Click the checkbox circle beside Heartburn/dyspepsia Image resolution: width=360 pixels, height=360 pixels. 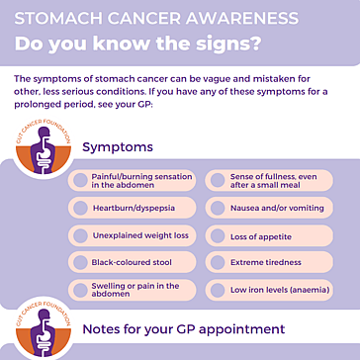point(80,208)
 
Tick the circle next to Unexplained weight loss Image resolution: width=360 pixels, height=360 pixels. point(80,235)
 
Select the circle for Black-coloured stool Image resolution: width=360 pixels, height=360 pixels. point(80,262)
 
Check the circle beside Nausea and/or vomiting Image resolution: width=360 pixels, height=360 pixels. point(218,208)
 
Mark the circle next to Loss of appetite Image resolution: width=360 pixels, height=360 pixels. point(218,235)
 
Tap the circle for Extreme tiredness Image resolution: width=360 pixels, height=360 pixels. point(218,262)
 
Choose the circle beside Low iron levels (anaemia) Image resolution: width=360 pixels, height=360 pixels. point(218,290)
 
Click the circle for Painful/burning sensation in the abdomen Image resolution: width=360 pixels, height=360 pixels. point(80,181)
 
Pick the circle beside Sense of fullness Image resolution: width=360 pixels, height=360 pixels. point(218,181)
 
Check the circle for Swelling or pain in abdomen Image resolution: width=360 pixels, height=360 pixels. point(80,290)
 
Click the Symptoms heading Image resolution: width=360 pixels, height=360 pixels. point(118,147)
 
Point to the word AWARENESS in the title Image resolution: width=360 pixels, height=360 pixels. point(242,19)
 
